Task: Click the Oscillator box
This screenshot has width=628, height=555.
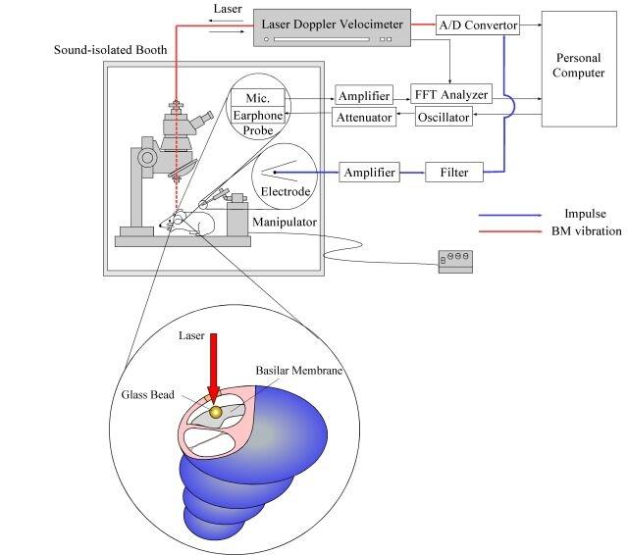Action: tap(443, 118)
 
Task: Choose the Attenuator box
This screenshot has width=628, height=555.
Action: tap(364, 118)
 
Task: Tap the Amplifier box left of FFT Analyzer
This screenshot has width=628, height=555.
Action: tap(364, 95)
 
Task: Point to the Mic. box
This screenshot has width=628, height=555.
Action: tap(257, 97)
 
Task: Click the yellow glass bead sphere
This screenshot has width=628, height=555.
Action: tap(230, 413)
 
